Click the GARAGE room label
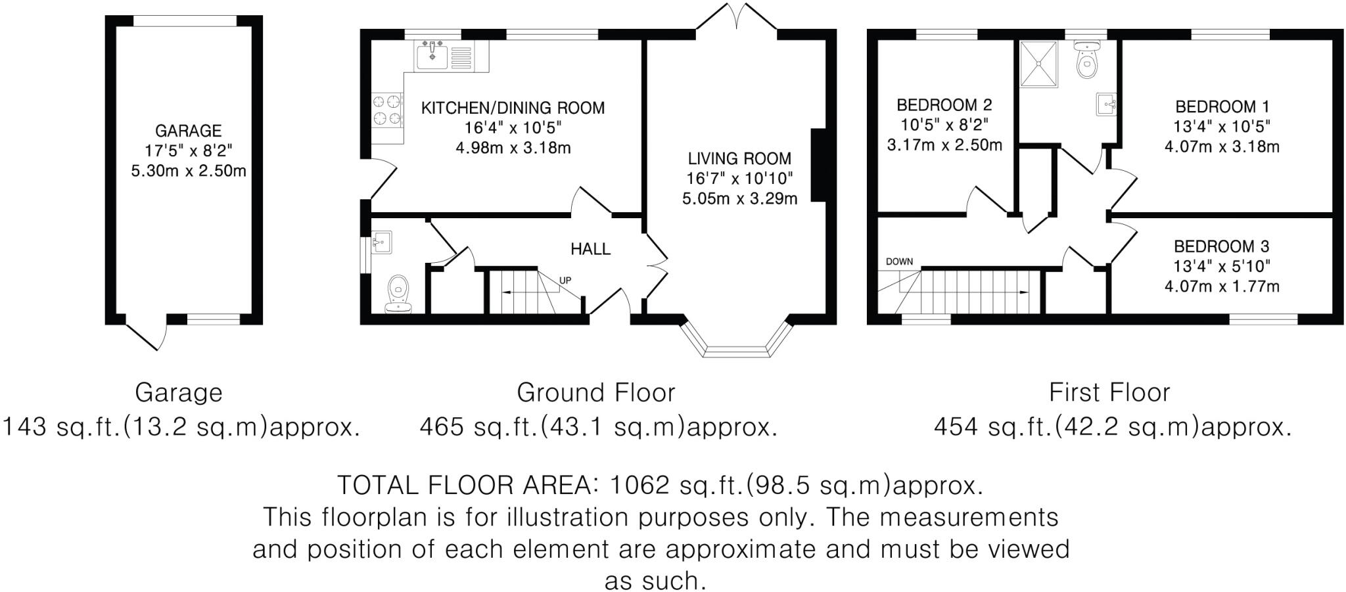tap(188, 130)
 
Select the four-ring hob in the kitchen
tap(387, 110)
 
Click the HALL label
tap(590, 249)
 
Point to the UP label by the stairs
tap(565, 281)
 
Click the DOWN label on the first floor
tap(899, 262)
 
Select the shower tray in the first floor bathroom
tap(1038, 64)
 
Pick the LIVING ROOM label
tap(739, 158)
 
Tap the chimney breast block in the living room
tap(818, 165)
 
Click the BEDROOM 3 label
tap(1221, 246)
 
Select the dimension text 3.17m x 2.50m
tap(944, 145)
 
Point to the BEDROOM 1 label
tap(1222, 106)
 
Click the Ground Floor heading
tap(595, 393)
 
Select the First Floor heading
tap(1109, 393)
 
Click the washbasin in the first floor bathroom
tap(1105, 104)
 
